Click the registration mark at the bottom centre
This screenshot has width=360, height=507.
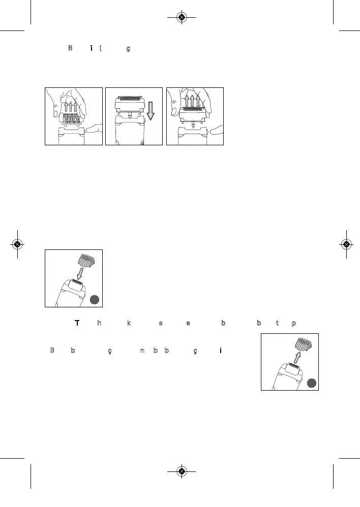182,471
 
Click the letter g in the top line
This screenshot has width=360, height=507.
128,49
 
